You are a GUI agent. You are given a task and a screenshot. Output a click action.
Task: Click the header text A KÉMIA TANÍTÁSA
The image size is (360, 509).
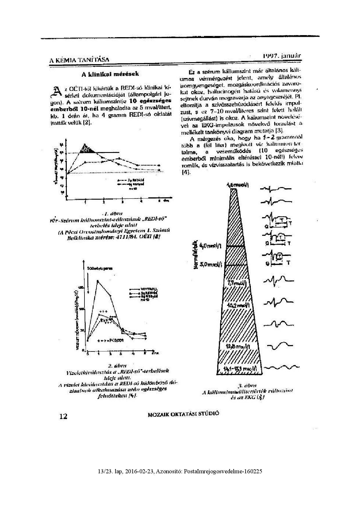tap(79, 60)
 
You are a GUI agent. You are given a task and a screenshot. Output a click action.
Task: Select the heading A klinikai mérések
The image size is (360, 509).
tap(110, 74)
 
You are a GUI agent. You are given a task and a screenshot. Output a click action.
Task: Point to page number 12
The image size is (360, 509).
tap(63, 416)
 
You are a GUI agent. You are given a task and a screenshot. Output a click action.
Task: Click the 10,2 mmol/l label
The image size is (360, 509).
tap(236, 306)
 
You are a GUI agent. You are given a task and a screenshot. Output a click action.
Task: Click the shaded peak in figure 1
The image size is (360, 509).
tap(87, 149)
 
